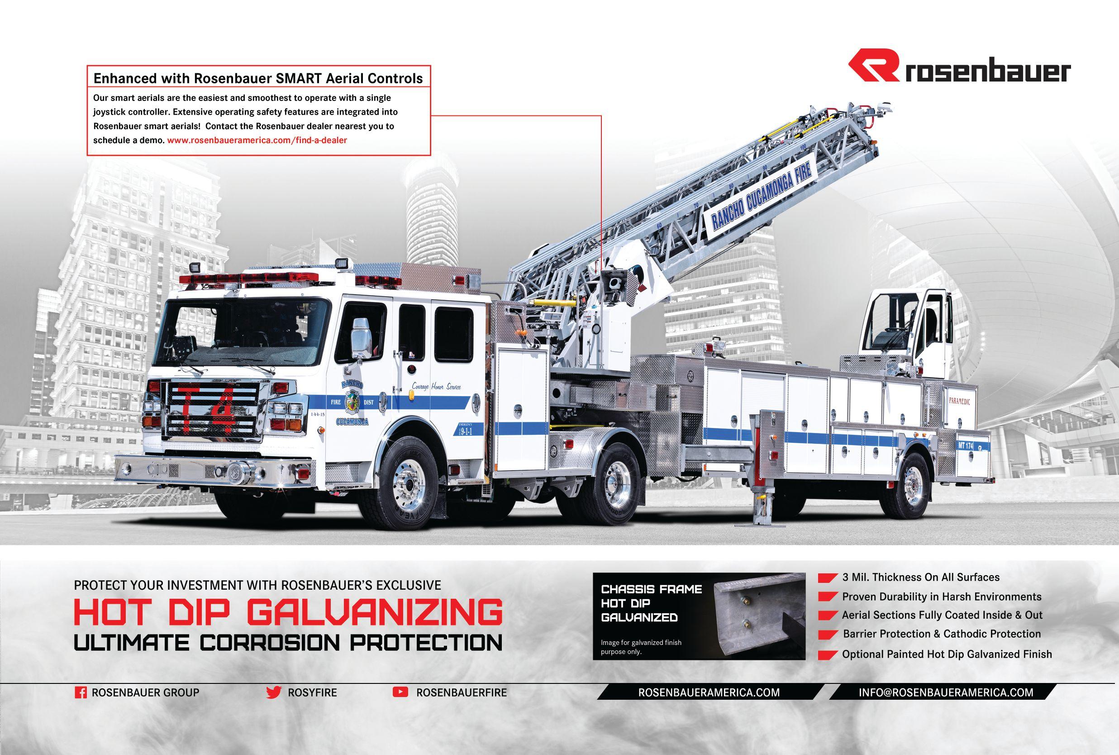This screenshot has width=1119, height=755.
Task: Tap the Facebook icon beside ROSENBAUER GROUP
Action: coord(81,693)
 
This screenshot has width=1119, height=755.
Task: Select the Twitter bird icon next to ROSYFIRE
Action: coord(273,692)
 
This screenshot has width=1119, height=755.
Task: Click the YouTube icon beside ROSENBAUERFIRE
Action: coord(400,692)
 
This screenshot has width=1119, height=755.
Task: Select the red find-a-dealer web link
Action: coord(257,140)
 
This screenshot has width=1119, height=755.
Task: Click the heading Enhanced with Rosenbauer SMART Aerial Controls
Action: coord(258,78)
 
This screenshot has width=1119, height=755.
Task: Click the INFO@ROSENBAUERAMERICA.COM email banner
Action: coord(946,692)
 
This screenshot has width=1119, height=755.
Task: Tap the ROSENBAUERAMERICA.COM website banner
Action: coord(709,692)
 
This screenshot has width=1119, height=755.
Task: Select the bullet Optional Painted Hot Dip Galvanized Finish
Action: coord(946,654)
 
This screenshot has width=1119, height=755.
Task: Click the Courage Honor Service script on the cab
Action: coord(436,387)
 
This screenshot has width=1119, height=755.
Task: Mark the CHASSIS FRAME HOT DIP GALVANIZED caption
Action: coord(651,603)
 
